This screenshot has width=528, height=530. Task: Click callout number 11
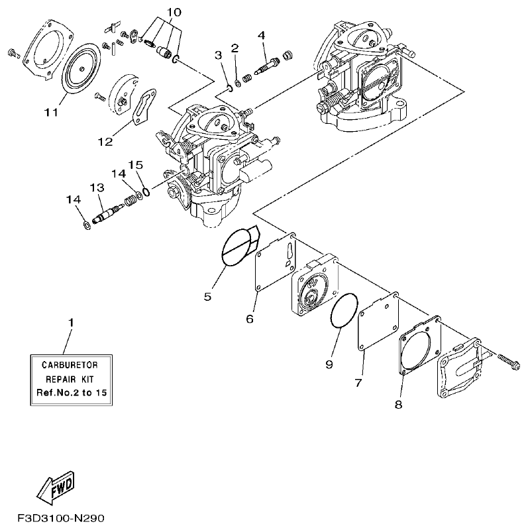(x=52, y=112)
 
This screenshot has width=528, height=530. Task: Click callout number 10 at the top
(x=173, y=13)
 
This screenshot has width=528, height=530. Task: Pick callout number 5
(x=207, y=297)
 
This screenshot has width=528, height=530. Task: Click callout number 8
(x=398, y=403)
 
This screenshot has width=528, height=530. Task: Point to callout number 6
(x=250, y=319)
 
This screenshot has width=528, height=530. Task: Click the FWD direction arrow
(x=57, y=487)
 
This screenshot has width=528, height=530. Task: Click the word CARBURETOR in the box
(x=70, y=365)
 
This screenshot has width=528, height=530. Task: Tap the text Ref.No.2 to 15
(x=70, y=392)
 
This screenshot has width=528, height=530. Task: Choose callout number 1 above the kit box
(x=70, y=322)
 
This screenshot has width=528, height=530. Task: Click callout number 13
(x=97, y=188)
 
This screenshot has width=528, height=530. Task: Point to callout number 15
(x=135, y=164)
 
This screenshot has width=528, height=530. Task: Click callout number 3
(x=218, y=55)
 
